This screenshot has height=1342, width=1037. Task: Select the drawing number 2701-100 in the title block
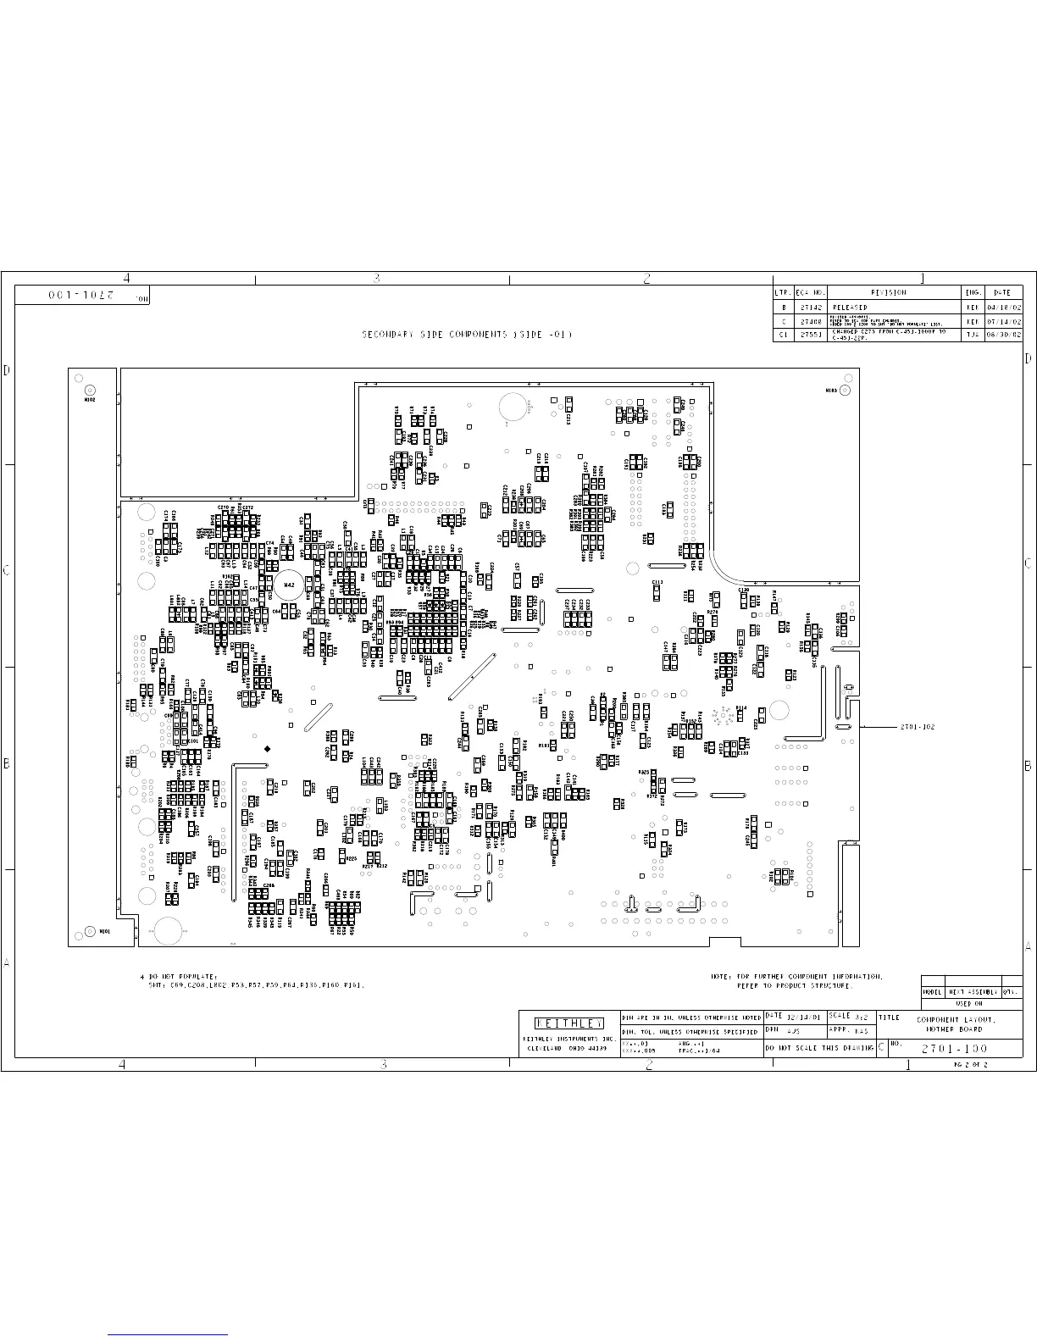pos(954,1049)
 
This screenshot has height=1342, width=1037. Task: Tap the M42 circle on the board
pos(289,585)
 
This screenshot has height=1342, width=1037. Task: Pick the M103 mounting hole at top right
pos(844,391)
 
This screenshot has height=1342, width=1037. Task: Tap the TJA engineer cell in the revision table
pos(972,335)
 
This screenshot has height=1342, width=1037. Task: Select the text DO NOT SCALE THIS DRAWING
pos(818,1049)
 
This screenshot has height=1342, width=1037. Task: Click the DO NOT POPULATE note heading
pos(183,977)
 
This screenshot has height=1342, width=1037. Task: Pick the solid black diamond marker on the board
pos(268,748)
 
